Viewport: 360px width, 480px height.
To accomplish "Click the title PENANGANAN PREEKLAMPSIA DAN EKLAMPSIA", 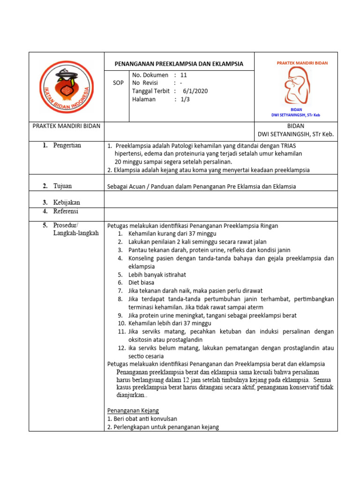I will coord(179,64).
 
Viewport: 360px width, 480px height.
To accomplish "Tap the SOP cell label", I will coord(119,83).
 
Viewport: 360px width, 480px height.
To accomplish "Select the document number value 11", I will coord(183,75).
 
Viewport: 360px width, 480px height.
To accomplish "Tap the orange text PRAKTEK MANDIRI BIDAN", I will coord(302,63).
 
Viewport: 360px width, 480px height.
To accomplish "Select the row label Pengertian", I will coord(67,145).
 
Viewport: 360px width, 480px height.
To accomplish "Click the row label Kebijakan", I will coord(66,202).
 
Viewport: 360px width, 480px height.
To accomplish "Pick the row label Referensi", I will coord(66,211).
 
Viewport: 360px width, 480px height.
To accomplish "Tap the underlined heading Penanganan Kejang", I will coord(133,411).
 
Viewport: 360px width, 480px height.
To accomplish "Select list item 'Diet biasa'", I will coord(141,283).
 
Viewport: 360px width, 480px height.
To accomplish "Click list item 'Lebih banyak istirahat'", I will coord(157,275).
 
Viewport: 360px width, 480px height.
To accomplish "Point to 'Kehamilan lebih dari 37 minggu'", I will coord(170,323).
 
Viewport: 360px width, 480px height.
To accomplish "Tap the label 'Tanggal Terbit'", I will coord(150,91).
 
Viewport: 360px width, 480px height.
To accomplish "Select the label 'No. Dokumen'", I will coord(150,75).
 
